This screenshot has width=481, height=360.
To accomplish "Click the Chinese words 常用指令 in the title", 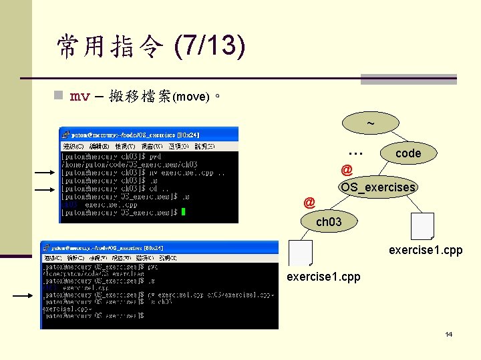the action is click(110, 46).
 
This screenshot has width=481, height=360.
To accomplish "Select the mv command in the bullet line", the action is click(80, 97).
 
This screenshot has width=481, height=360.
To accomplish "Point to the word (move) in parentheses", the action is click(192, 97).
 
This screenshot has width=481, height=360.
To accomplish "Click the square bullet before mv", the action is click(58, 96).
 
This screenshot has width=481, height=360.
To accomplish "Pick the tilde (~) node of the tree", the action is click(370, 123).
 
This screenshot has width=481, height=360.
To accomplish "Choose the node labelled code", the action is click(408, 153).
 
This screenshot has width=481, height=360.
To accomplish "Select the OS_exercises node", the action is click(378, 187).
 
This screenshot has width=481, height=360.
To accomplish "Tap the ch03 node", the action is click(328, 221).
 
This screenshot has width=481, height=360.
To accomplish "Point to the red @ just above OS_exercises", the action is click(347, 169).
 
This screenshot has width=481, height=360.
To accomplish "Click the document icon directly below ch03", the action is click(301, 253).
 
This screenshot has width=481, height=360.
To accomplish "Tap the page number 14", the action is click(448, 334).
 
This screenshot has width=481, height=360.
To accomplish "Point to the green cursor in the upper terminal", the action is click(183, 212).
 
